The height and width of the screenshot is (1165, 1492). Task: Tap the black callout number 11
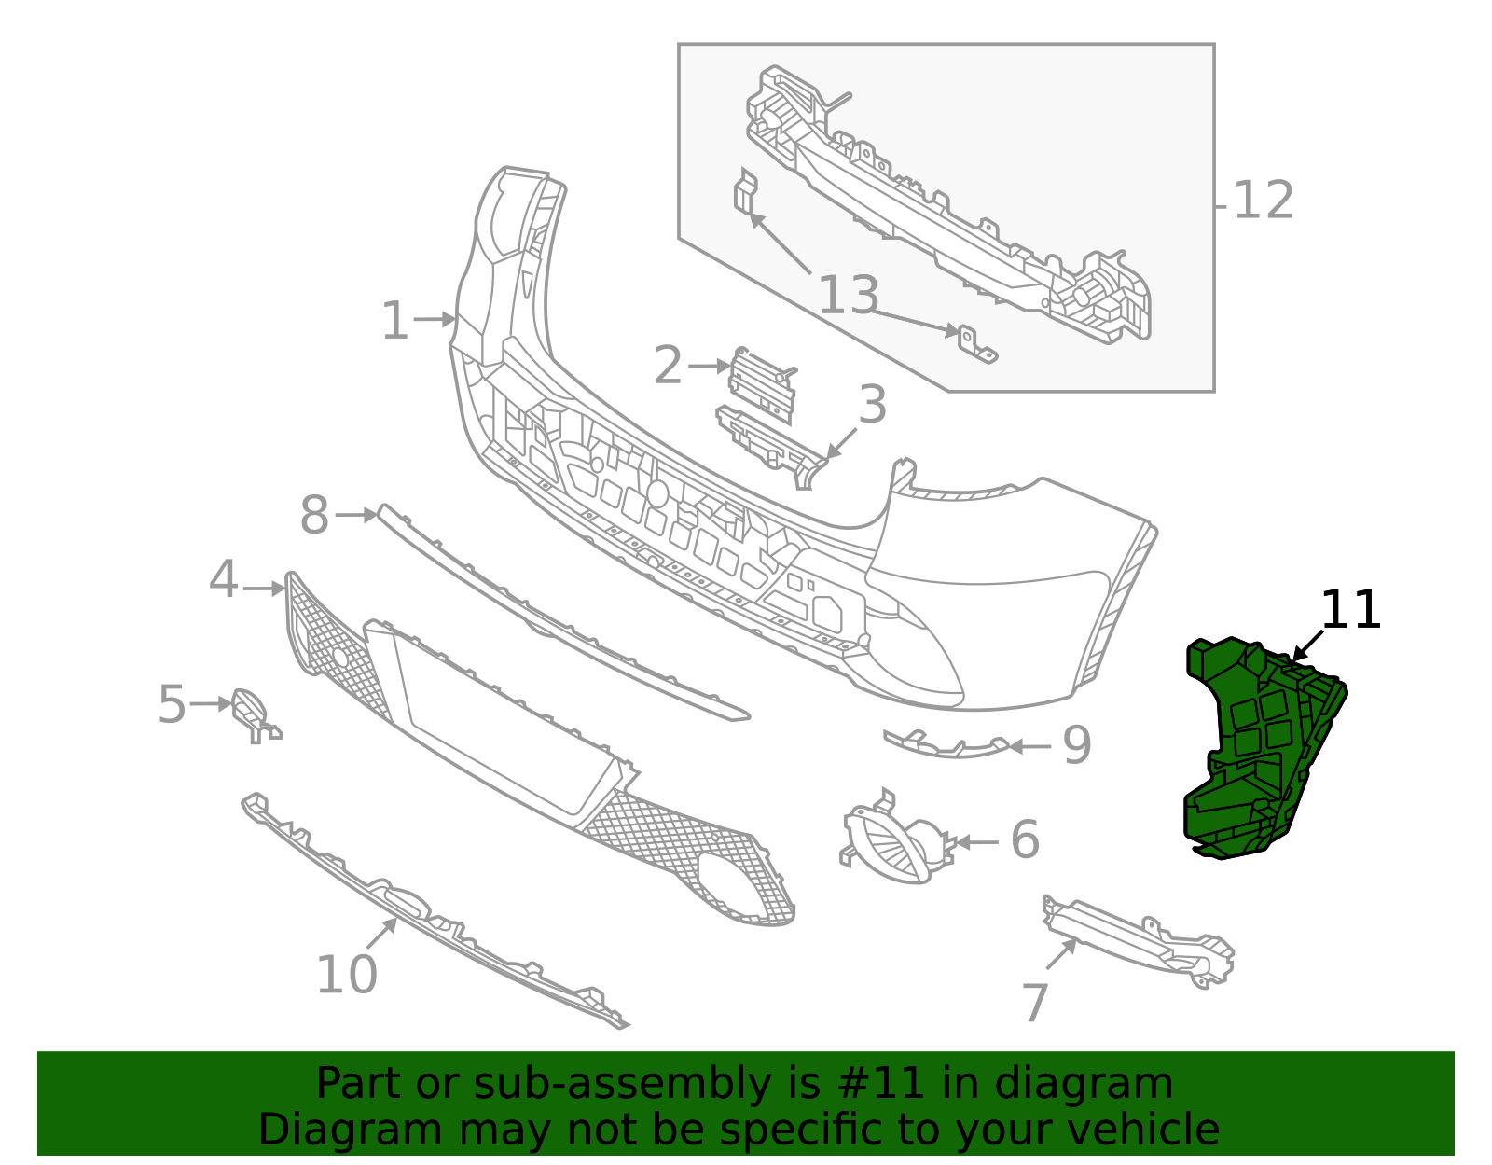point(1350,611)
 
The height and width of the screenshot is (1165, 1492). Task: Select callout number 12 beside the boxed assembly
point(1264,201)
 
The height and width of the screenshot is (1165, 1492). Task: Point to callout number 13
point(848,296)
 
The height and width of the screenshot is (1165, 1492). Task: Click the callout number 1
point(395,322)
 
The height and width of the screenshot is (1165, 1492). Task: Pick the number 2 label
point(668,366)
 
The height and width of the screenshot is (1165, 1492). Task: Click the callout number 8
point(314,516)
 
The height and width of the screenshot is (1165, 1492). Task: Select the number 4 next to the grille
point(224,580)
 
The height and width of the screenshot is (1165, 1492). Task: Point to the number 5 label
point(173,704)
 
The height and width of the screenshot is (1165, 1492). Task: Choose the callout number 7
point(1035,1004)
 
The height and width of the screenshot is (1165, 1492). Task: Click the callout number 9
point(1077,745)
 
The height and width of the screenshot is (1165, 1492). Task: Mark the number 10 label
point(346,976)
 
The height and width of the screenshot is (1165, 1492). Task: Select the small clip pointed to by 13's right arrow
point(974,343)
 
